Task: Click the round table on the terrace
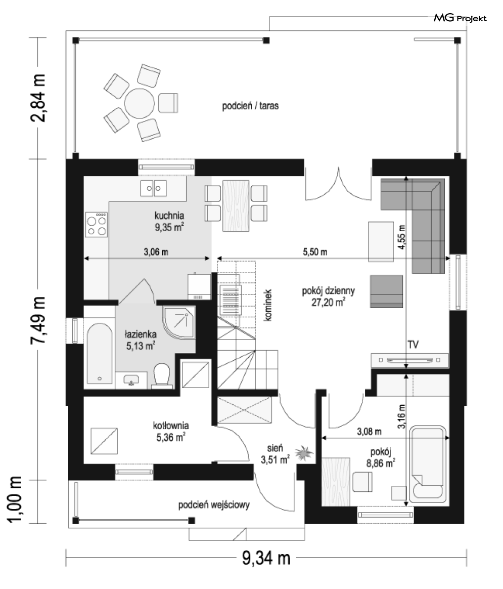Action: click(x=139, y=104)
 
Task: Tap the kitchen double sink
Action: click(x=154, y=188)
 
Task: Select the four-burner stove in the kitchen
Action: click(x=97, y=224)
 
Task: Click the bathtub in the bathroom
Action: click(x=100, y=353)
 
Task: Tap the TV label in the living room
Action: click(x=413, y=345)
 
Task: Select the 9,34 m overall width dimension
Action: click(x=266, y=558)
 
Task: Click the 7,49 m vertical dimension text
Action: click(x=38, y=320)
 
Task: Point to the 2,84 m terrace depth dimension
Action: click(x=38, y=98)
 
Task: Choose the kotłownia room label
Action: click(x=171, y=426)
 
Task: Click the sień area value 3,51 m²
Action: click(x=275, y=459)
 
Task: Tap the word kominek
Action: click(x=267, y=305)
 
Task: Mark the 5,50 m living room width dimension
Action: click(x=315, y=251)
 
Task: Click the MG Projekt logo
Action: click(x=460, y=18)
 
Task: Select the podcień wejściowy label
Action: click(x=214, y=505)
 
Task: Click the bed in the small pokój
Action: click(x=428, y=464)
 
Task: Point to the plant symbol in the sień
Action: click(x=304, y=453)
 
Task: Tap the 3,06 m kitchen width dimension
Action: click(x=156, y=251)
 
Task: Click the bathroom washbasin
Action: click(x=131, y=380)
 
